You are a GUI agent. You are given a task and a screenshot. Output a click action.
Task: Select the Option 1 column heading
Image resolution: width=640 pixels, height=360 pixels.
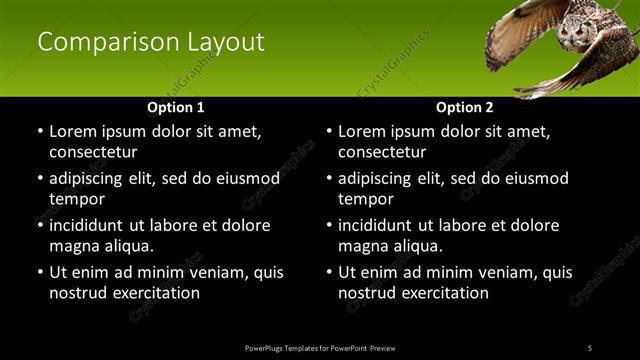tap(175, 107)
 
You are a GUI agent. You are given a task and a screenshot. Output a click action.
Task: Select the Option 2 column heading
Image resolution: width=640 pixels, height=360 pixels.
tap(464, 107)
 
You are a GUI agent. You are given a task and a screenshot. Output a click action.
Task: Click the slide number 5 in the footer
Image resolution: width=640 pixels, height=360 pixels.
tap(590, 347)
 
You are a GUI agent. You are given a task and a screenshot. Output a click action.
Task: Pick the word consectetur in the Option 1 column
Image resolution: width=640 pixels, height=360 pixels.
tap(93, 152)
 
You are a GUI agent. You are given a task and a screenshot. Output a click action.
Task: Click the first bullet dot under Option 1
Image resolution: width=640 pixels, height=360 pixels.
tap(39, 132)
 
